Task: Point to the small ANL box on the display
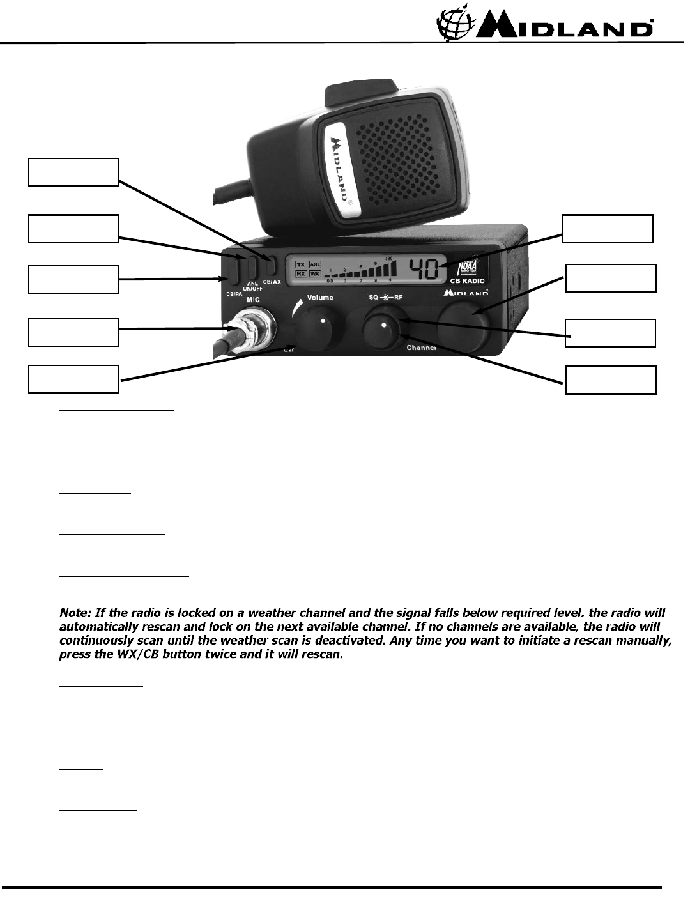[x=315, y=263]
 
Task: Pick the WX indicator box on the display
[x=315, y=273]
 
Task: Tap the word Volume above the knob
[x=320, y=298]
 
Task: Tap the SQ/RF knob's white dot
[x=384, y=325]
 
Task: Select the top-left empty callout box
[x=73, y=172]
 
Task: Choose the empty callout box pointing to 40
[x=608, y=229]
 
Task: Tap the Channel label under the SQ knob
[x=422, y=348]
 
